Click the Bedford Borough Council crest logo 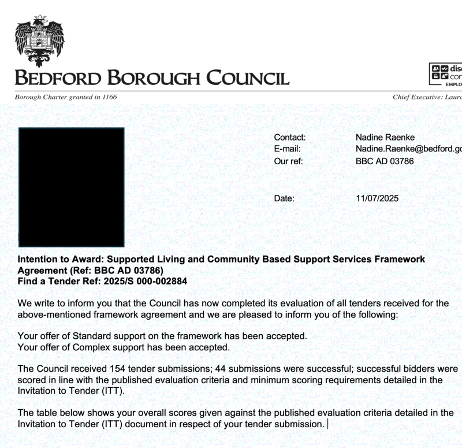pyautogui.click(x=39, y=40)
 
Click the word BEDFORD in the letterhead pyautogui.click(x=58, y=77)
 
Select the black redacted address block pyautogui.click(x=72, y=187)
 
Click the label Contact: pyautogui.click(x=289, y=138)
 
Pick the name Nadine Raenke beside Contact pyautogui.click(x=385, y=138)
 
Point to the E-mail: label pyautogui.click(x=287, y=149)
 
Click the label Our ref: pyautogui.click(x=288, y=161)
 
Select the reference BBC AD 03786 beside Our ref pyautogui.click(x=385, y=161)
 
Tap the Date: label pyautogui.click(x=284, y=198)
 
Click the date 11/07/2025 pyautogui.click(x=377, y=198)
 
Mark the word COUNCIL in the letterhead pyautogui.click(x=248, y=77)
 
